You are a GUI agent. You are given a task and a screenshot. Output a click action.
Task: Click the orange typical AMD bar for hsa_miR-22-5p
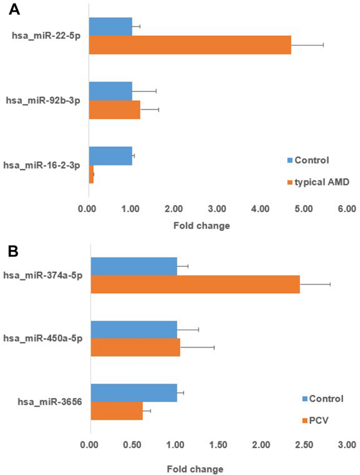pyautogui.click(x=190, y=45)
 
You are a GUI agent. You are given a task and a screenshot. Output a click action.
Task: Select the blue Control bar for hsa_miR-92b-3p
pyautogui.click(x=110, y=91)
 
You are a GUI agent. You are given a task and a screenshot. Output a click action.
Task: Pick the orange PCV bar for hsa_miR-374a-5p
pyautogui.click(x=195, y=284)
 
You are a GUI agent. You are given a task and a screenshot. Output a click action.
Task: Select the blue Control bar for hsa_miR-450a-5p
pyautogui.click(x=134, y=329)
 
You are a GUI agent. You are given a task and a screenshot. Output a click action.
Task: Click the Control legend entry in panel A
pyautogui.click(x=311, y=160)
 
